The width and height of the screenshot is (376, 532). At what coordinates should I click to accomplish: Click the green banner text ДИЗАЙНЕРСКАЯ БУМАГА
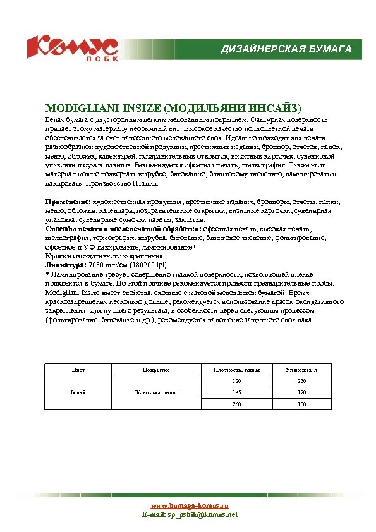pos(285,49)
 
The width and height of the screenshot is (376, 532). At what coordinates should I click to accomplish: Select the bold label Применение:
pos(68,201)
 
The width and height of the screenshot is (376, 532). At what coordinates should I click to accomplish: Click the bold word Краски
pos(58,257)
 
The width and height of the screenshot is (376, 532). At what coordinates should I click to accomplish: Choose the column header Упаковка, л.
pos(301,368)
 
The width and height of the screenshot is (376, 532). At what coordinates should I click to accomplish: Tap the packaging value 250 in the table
pos(301,380)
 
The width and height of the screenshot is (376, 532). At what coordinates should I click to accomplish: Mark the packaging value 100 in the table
pos(301,404)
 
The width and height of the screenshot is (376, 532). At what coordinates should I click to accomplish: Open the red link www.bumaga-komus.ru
pos(189,506)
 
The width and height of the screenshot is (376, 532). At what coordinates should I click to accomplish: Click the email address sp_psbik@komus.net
pos(202,514)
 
